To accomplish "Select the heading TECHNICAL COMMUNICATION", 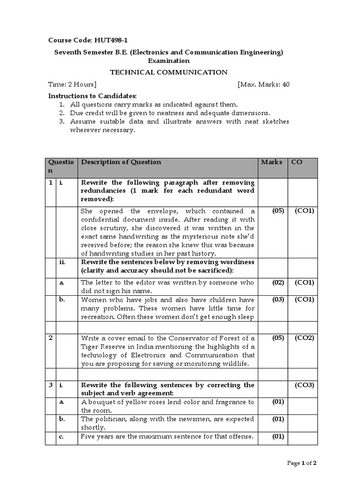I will click(168, 72).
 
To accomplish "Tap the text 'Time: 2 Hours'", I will click(73, 84).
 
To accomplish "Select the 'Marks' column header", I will click(271, 162).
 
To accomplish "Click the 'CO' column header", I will click(296, 162).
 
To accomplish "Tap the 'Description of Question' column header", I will click(121, 162).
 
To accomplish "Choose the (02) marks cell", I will click(278, 282).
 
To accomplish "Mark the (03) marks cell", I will click(278, 300).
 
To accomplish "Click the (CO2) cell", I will click(304, 337).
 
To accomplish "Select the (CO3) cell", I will click(304, 385).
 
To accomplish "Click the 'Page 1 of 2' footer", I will click(301, 463).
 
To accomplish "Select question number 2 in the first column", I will click(50, 337).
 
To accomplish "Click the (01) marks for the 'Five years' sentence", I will click(278, 436).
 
